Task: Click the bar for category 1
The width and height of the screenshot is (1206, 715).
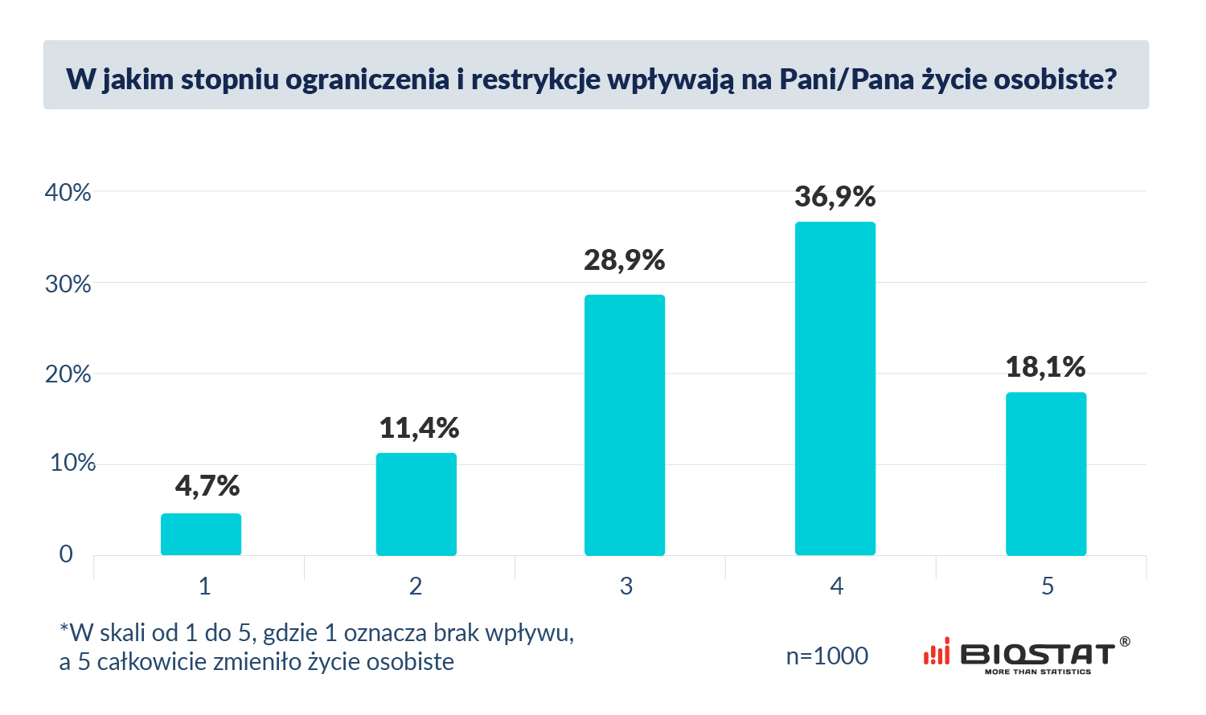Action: click(x=201, y=534)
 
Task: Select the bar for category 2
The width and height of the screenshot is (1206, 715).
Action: click(x=416, y=505)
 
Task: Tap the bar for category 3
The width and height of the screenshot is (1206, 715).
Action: click(x=625, y=425)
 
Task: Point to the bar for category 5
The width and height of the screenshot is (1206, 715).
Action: click(x=1046, y=474)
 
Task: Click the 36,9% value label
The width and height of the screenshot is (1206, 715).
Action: click(x=835, y=197)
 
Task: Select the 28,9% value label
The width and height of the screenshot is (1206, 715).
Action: click(x=625, y=260)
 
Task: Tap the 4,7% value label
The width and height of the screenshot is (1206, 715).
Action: click(x=207, y=486)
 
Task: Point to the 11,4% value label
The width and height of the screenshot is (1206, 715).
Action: click(x=419, y=428)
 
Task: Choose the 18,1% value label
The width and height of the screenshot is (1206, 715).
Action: click(x=1045, y=367)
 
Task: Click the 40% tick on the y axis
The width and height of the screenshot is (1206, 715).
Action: click(x=68, y=193)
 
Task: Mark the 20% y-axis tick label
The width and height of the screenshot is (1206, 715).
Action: click(x=68, y=374)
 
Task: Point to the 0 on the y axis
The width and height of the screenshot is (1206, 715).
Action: click(x=66, y=554)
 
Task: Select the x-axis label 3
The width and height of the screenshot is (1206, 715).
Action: click(x=626, y=586)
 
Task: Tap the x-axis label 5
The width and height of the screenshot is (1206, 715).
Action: click(x=1047, y=586)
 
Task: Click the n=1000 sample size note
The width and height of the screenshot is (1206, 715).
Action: click(x=827, y=656)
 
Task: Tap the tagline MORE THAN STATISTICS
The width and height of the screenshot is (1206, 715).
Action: click(x=1038, y=672)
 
